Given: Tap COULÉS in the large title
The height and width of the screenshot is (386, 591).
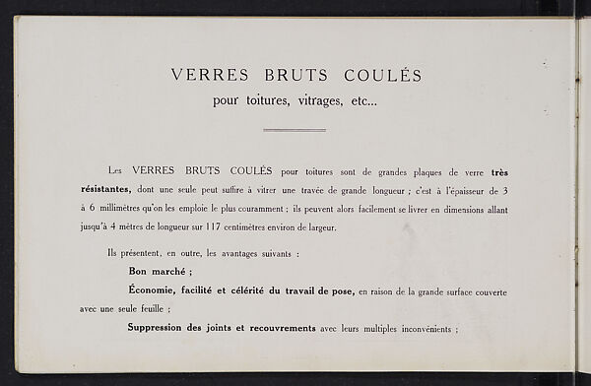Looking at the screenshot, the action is tap(382, 75).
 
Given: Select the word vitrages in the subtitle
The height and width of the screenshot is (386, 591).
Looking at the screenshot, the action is tap(303, 101).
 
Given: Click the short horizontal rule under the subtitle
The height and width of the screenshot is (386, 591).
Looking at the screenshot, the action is tap(294, 129).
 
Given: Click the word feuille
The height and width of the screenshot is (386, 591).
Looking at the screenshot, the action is tap(147, 308).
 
